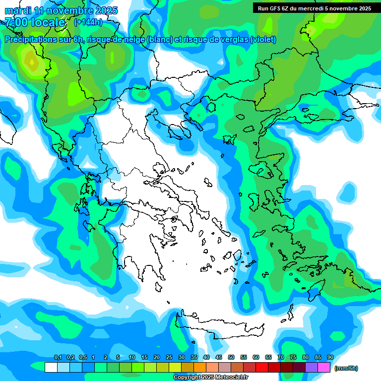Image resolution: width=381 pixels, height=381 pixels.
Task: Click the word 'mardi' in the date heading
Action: [17, 10]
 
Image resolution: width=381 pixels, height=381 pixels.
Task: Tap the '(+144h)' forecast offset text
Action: [88, 22]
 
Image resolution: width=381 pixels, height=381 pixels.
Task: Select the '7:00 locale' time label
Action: [35, 22]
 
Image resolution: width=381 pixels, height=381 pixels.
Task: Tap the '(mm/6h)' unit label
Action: [346, 368]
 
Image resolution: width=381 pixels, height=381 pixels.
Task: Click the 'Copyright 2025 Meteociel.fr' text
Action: [210, 377]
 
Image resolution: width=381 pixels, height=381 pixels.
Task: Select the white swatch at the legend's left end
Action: [51, 367]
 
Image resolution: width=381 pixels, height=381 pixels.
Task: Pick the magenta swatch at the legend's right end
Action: [324, 367]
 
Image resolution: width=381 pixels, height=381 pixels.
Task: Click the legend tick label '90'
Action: [330, 357]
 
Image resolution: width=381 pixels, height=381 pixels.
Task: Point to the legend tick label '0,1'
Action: [58, 357]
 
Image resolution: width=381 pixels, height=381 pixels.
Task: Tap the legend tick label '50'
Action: [231, 357]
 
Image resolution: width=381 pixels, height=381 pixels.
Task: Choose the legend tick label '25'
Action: [169, 357]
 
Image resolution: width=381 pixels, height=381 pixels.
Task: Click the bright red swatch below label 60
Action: [262, 367]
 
